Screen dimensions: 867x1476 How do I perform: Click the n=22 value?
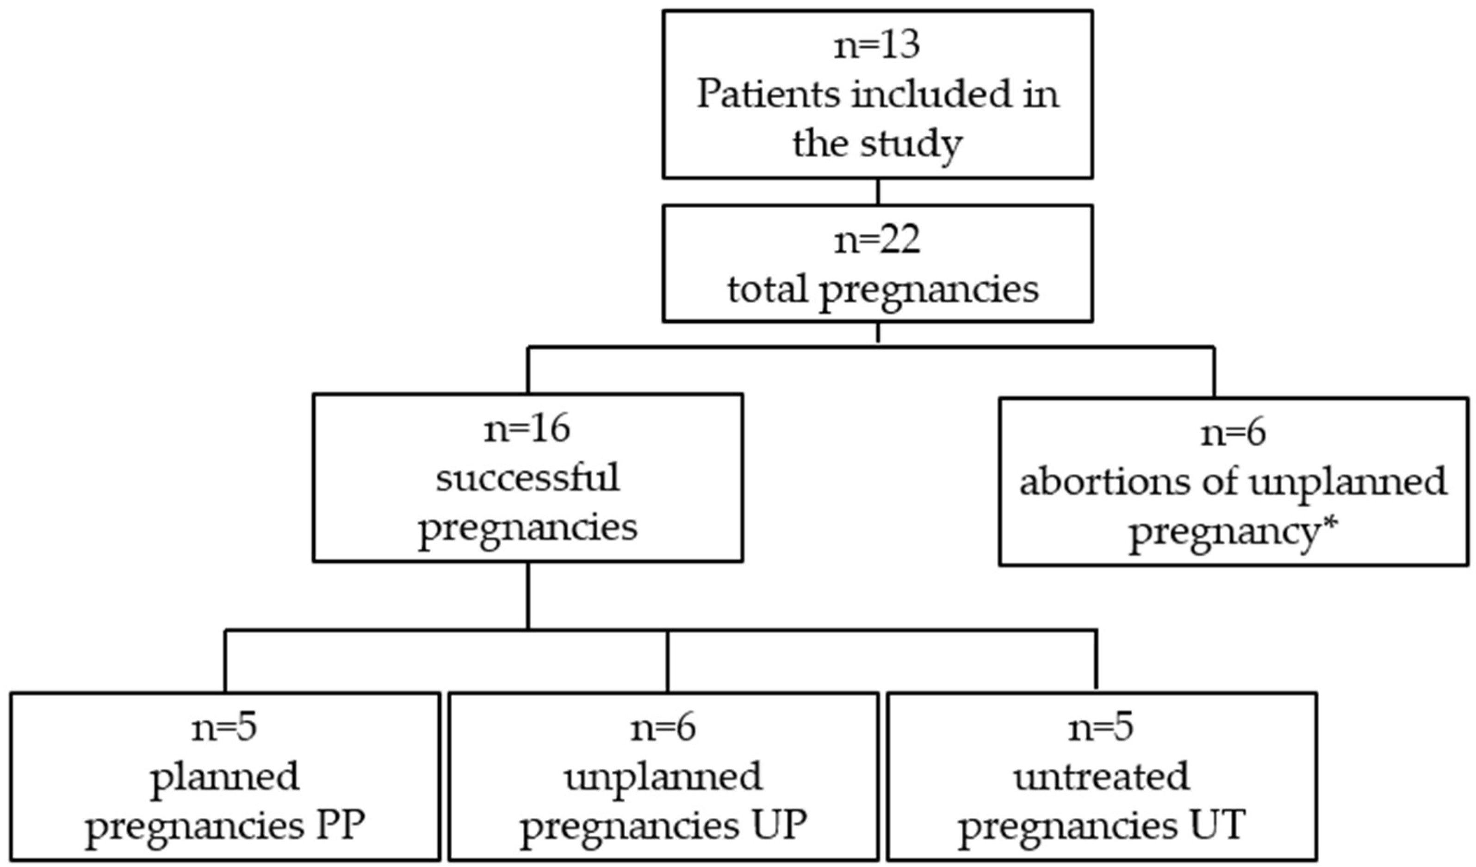click(x=877, y=240)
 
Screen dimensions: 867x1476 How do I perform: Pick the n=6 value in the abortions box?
click(x=1233, y=433)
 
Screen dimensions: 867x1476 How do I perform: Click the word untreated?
click(x=1101, y=776)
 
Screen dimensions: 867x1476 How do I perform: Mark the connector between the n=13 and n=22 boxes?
click(x=877, y=192)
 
